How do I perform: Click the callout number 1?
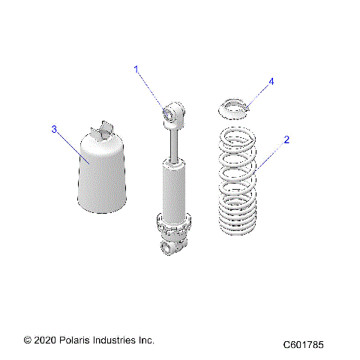(137, 69)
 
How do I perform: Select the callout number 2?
(286, 139)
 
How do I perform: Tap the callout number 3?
(54, 130)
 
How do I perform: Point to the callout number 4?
(271, 81)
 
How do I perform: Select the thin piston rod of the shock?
(173, 142)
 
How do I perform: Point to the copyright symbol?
(28, 340)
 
